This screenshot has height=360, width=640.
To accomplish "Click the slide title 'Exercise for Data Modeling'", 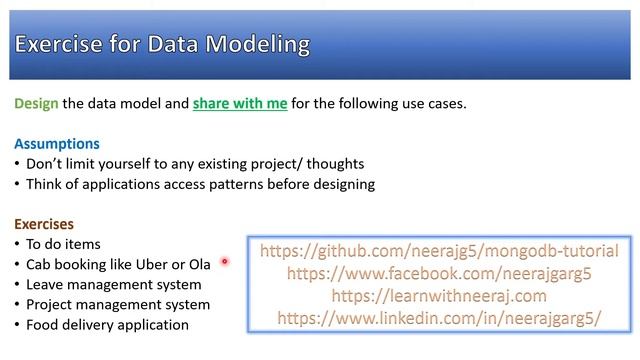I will pyautogui.click(x=162, y=45).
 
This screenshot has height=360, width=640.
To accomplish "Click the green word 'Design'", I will pyautogui.click(x=36, y=104).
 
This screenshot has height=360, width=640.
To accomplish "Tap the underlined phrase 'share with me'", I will pyautogui.click(x=240, y=104).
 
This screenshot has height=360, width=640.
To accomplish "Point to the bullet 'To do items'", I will pyautogui.click(x=63, y=244).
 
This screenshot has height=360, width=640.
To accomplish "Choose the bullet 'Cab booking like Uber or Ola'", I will pyautogui.click(x=118, y=264).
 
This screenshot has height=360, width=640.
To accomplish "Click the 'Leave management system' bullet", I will pyautogui.click(x=113, y=284).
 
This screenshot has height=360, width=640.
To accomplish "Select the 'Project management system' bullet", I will pyautogui.click(x=117, y=304).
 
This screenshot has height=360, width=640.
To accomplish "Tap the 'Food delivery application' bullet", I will pyautogui.click(x=107, y=325).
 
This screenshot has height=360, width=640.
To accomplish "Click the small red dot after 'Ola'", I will pyautogui.click(x=225, y=262).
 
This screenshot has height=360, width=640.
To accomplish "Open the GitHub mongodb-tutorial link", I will pyautogui.click(x=439, y=251).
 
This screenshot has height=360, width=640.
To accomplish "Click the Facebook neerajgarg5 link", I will pyautogui.click(x=439, y=273).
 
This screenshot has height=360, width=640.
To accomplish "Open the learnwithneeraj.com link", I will pyautogui.click(x=439, y=296).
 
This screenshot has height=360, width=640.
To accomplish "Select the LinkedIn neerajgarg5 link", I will pyautogui.click(x=439, y=318).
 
